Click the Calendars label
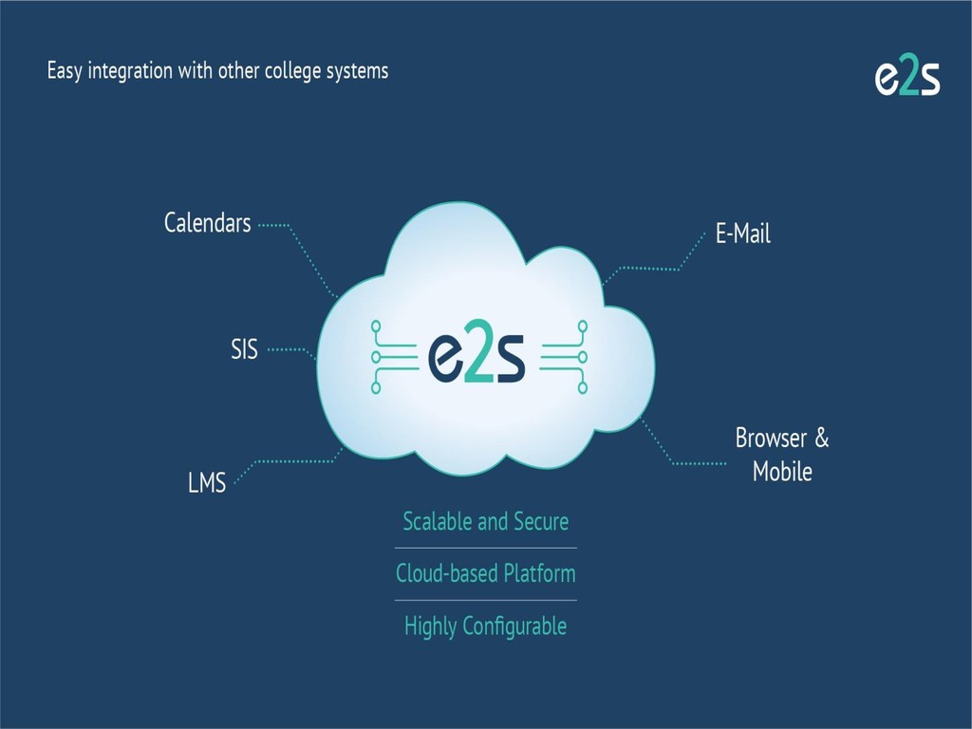[207, 223]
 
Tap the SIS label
[244, 349]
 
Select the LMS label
[207, 483]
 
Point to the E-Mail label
[743, 234]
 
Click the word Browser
[771, 439]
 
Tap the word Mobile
[782, 471]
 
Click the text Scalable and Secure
[485, 521]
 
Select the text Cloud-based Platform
[485, 573]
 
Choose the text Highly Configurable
[485, 626]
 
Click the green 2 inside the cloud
[477, 355]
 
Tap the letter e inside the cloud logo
[444, 359]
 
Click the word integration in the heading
[129, 71]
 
